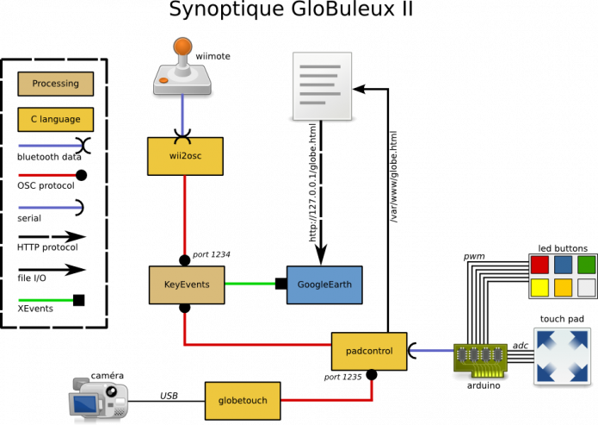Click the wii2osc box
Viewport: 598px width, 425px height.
pos(185,156)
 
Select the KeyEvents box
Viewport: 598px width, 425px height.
pos(187,284)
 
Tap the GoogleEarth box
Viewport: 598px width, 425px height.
pos(324,284)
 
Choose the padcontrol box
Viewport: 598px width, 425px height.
pos(369,351)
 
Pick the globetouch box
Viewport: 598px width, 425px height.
pos(243,400)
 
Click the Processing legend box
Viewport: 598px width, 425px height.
pos(55,84)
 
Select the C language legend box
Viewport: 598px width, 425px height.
pos(55,119)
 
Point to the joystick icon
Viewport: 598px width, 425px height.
pos(182,69)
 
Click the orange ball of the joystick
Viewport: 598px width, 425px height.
pos(182,46)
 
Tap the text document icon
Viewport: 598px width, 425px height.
pos(322,85)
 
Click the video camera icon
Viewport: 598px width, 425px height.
pos(98,397)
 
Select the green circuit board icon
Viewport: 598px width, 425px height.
pos(480,357)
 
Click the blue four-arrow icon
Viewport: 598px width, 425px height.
pos(562,355)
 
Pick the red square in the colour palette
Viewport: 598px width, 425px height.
pos(539,265)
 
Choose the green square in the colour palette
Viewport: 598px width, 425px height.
pos(586,265)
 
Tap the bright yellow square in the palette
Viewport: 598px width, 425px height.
pos(539,287)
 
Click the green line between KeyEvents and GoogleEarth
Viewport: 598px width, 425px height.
pos(250,284)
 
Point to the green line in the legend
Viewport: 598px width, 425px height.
pos(46,300)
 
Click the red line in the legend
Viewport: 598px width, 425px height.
pos(46,175)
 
